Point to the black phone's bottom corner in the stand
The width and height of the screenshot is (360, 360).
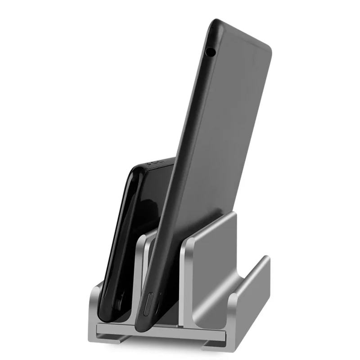tap(115, 315)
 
